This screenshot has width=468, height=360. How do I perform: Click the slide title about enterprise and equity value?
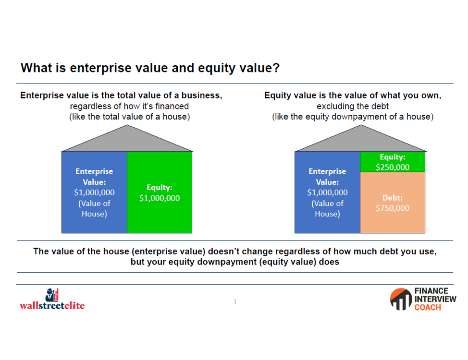[x=150, y=68]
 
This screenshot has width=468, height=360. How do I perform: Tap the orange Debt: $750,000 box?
[x=393, y=203]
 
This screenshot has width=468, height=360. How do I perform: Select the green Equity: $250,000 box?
[x=393, y=162]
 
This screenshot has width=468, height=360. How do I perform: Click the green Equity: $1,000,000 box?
[x=160, y=192]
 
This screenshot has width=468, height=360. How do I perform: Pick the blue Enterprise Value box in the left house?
[x=94, y=192]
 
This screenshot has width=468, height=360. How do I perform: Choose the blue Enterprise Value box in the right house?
[x=327, y=192]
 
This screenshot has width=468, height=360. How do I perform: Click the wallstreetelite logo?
[x=52, y=299]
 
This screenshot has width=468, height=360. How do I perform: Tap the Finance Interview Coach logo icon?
[x=401, y=299]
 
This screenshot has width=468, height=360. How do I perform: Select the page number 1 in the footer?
[x=235, y=301]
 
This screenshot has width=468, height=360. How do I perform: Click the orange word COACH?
[x=428, y=308]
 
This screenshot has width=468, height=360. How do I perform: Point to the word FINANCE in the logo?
[x=431, y=291]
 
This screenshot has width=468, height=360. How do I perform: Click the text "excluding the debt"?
[x=353, y=106]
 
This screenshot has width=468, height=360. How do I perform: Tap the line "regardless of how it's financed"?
[x=129, y=106]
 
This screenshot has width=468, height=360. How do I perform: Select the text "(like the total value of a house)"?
[x=130, y=117]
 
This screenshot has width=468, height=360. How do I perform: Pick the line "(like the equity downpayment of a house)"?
[x=353, y=117]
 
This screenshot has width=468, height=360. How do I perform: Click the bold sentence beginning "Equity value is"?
[x=353, y=96]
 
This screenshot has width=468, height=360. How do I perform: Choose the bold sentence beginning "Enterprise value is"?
[x=121, y=96]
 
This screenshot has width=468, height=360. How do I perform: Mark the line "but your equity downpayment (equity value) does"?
[x=235, y=262]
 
